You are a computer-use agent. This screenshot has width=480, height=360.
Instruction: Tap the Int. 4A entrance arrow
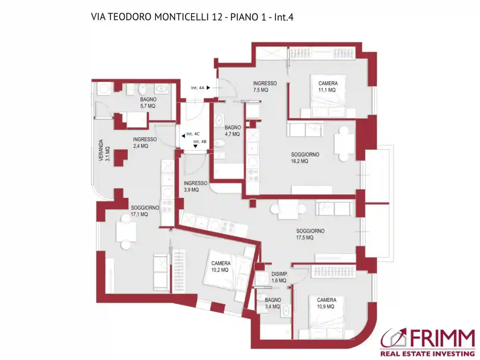[x=208, y=88]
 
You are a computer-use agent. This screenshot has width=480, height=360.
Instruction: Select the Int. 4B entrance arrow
[x=195, y=146]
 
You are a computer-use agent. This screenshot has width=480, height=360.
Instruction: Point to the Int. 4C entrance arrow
[x=183, y=136]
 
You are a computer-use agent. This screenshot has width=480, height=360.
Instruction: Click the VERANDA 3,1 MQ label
[x=104, y=150]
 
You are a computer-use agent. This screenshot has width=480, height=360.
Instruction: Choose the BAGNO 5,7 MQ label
[x=148, y=103]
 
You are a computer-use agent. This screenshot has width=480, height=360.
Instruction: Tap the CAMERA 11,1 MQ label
[x=327, y=86]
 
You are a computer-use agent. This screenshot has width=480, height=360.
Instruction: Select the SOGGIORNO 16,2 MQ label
[x=305, y=158]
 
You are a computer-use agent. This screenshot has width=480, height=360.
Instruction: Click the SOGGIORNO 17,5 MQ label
[x=310, y=234]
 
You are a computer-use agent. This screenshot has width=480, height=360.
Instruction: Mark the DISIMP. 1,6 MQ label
[x=279, y=277]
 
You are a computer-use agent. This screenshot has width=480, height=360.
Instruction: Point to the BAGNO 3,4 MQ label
[x=273, y=303]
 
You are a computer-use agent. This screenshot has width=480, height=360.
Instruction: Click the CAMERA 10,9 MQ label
[x=326, y=303]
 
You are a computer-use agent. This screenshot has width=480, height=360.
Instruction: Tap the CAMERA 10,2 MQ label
[x=220, y=266]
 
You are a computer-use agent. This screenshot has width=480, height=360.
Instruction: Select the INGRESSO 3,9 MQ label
[x=195, y=186]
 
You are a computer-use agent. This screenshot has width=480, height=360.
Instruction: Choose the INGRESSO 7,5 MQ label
[x=264, y=86]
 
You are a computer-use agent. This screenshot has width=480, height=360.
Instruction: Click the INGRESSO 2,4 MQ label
[x=144, y=143]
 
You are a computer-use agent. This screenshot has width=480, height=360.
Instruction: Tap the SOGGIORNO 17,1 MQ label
[x=144, y=211]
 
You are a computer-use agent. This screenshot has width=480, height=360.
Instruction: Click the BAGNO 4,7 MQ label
[x=232, y=131]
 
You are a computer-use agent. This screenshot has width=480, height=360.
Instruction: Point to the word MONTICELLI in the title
[x=180, y=17]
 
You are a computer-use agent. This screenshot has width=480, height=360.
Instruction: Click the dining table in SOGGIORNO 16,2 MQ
[x=343, y=144]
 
